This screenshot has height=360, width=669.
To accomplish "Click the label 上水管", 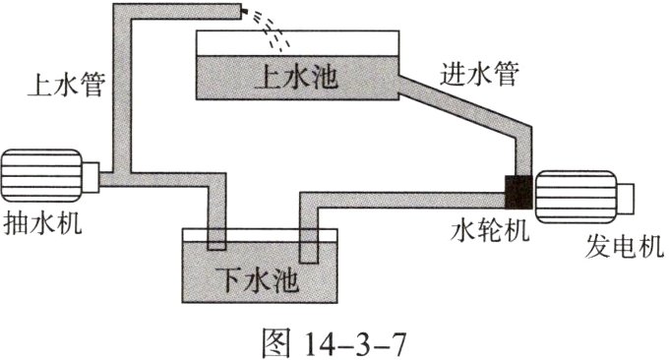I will [x=65, y=86].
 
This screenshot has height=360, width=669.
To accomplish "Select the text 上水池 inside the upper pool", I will [x=295, y=77].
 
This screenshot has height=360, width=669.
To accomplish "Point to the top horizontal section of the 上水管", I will [x=177, y=12].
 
